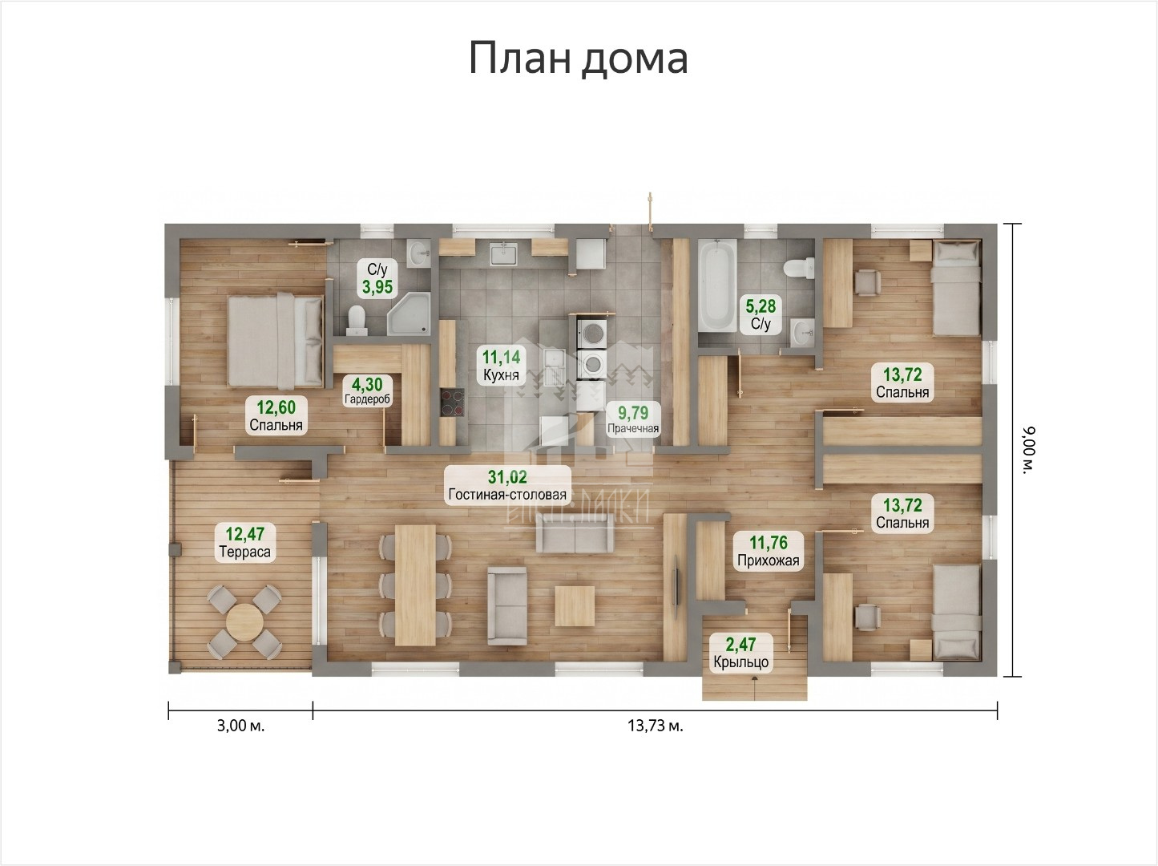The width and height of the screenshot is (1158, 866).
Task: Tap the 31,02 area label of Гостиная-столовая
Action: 507,477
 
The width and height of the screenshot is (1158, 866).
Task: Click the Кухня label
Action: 501,375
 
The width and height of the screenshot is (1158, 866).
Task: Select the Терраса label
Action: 244,552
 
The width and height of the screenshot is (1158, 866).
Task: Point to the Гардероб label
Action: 367,399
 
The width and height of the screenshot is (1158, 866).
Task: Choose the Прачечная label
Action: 632,428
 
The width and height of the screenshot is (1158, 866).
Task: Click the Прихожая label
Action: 769,560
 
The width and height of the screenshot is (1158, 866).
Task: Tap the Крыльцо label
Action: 740,662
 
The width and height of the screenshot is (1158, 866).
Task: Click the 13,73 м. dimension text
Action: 655,726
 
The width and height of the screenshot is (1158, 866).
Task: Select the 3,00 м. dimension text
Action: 240,726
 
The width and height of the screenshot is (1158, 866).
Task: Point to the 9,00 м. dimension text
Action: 1030,450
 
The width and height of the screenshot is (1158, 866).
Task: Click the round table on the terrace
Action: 244,623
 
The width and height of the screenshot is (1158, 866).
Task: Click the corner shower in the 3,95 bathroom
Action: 410,314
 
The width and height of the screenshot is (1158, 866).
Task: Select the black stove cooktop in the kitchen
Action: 453,402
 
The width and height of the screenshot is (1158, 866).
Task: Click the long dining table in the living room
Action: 415,585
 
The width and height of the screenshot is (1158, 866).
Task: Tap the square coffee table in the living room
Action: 575,606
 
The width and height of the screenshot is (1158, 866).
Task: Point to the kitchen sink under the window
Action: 506,253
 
